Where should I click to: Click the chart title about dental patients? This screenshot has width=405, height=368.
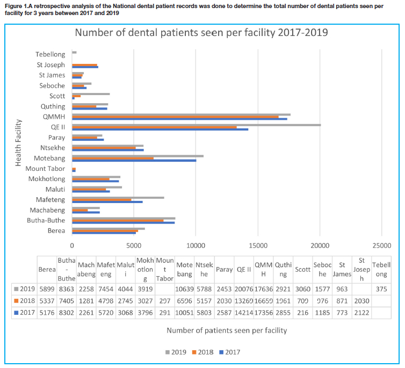click(x=201, y=33)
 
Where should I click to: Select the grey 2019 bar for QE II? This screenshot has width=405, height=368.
click(x=196, y=125)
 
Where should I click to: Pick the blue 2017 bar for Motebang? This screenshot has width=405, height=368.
click(x=134, y=160)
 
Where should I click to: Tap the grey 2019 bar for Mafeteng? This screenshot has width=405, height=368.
click(x=118, y=198)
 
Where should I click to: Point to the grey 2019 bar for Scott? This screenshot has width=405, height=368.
click(x=91, y=93)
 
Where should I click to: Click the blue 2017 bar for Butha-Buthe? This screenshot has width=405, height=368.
click(x=123, y=222)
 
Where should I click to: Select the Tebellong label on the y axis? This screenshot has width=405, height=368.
click(x=50, y=54)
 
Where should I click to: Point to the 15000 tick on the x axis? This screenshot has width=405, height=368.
click(x=258, y=246)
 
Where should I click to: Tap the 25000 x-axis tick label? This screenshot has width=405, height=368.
click(x=381, y=246)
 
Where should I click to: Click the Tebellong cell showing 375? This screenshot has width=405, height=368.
click(x=381, y=288)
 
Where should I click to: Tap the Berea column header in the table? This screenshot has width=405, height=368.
click(x=47, y=269)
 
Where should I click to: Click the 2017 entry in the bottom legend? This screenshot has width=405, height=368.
click(x=229, y=352)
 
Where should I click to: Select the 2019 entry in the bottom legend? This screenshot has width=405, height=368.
click(x=176, y=352)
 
